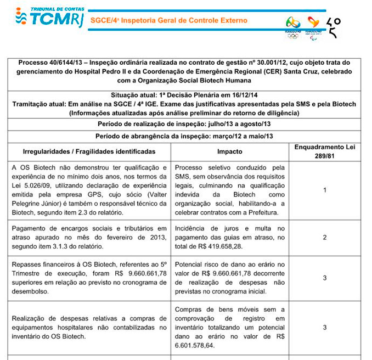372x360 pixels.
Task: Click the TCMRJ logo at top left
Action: (47, 20)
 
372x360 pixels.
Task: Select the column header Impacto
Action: (229, 151)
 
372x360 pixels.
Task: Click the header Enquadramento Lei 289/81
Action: (325, 151)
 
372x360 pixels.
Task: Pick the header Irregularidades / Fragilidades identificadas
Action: (89, 151)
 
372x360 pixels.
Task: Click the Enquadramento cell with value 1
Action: (325, 190)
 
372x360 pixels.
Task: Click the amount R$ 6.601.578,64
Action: (195, 345)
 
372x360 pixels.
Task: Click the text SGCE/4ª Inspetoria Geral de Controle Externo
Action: (168, 21)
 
